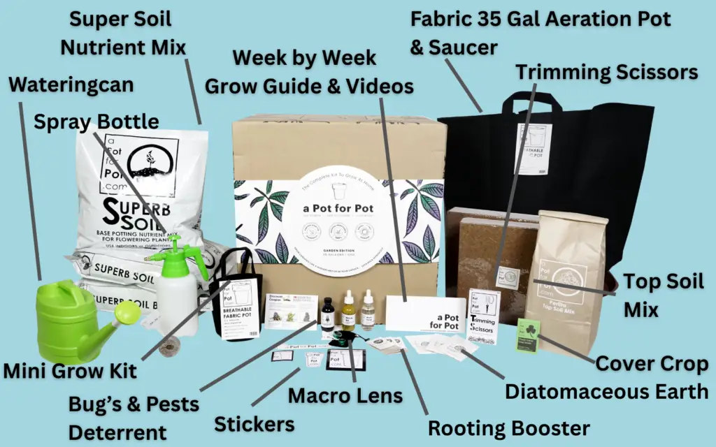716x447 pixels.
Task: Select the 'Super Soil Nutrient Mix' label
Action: pos(123,33)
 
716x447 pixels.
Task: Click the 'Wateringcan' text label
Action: pos(71,86)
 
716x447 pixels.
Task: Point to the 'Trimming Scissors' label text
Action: pos(606,72)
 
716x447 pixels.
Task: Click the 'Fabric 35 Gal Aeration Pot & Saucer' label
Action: pos(540,32)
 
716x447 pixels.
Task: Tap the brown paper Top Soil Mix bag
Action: pos(566,279)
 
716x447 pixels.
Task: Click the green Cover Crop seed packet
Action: pos(529,335)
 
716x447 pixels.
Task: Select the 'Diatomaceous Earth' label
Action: pos(606,391)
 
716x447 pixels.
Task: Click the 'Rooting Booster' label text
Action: pos(508,427)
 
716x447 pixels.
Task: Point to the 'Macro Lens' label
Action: pos(345,396)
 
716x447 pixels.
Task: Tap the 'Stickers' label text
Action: pos(254,423)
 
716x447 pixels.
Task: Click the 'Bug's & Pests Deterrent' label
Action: pos(133,417)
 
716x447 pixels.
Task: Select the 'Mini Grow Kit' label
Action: pos(69,369)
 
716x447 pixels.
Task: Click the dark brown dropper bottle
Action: pos(327,314)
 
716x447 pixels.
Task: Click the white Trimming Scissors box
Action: pos(483,315)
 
